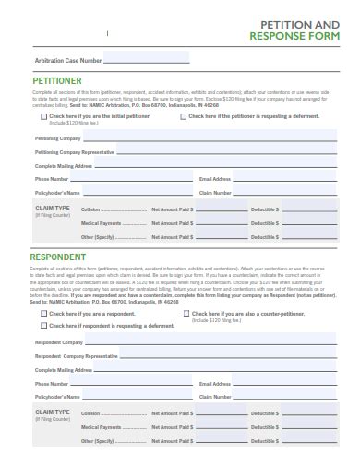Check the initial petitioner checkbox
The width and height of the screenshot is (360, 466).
tap(43, 117)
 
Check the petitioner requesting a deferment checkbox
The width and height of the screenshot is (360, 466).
tap(183, 117)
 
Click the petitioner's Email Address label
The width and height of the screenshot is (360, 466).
tap(214, 179)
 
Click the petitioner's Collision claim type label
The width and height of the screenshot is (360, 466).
tap(90, 210)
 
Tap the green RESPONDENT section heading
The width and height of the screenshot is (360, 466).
tap(58, 257)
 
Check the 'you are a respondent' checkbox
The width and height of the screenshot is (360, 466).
tap(43, 313)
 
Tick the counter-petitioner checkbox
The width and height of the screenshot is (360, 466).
tap(186, 313)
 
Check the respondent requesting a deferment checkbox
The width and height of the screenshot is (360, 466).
tap(43, 326)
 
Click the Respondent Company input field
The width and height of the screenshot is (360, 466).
tap(193, 342)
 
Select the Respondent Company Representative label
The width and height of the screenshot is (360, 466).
tap(76, 356)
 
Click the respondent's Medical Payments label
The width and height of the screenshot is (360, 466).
tap(101, 427)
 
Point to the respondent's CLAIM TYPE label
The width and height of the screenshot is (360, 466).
tap(52, 411)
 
